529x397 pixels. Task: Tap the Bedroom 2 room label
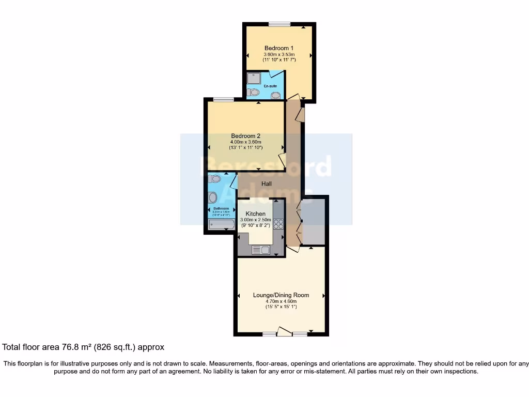[245, 136]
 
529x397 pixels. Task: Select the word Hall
[266, 184]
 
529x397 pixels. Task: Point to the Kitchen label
[256, 213]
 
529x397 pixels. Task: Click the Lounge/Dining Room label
[281, 295]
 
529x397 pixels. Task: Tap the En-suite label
[270, 86]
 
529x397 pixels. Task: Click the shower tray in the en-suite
[254, 78]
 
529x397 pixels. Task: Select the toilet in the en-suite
[253, 93]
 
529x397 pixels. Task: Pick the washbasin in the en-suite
[276, 95]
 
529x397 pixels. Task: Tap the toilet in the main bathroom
[214, 179]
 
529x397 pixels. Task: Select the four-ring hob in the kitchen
[278, 224]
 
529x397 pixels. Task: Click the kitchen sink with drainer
[261, 250]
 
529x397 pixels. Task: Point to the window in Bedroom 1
[279, 23]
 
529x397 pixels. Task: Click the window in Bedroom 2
[223, 99]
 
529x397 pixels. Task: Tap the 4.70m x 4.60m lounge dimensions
[281, 301]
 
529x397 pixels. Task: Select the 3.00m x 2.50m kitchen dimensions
[255, 220]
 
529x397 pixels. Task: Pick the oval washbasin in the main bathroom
[212, 197]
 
